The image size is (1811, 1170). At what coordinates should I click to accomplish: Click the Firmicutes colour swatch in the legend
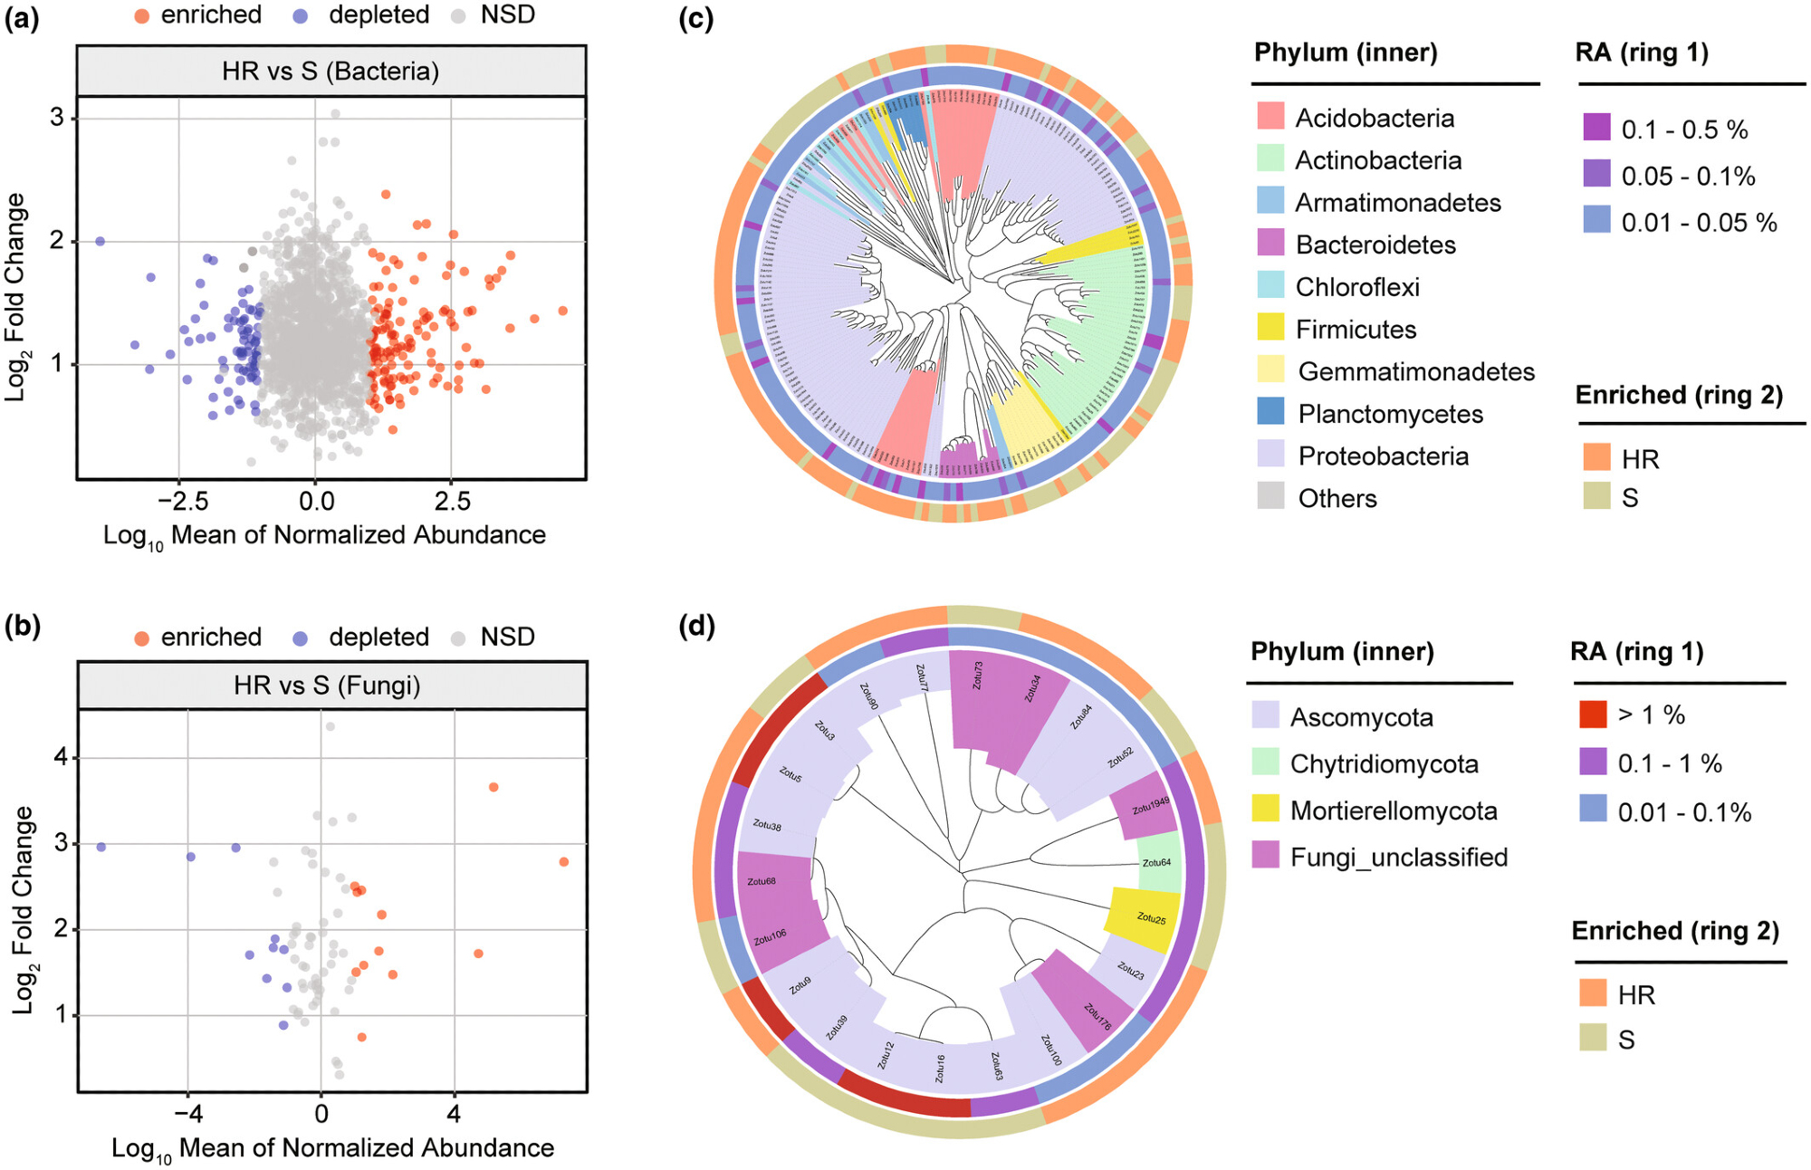tap(1270, 329)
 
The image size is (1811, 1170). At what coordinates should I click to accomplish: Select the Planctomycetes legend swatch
tap(1270, 413)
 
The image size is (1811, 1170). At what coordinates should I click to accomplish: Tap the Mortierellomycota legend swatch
tap(1265, 810)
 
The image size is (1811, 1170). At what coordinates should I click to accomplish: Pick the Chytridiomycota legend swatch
tap(1265, 762)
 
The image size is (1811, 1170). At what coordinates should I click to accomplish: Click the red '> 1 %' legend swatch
tap(1593, 714)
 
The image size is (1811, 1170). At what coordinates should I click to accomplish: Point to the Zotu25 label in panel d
tap(1151, 918)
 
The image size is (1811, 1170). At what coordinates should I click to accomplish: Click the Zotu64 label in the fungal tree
tap(1156, 863)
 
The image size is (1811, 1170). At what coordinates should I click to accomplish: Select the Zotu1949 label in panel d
tap(1150, 805)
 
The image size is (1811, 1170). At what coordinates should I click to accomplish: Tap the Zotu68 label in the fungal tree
tap(762, 880)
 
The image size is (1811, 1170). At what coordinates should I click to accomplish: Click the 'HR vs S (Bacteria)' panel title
tap(331, 72)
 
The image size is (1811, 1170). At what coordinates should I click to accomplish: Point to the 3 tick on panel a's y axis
tap(57, 118)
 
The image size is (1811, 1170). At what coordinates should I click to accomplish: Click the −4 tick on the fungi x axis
tap(187, 1113)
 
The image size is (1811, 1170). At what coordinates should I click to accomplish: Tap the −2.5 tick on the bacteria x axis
tap(183, 501)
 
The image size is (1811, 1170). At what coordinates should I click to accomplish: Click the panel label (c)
tap(695, 18)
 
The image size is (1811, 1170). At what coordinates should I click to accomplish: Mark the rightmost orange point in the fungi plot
tap(563, 861)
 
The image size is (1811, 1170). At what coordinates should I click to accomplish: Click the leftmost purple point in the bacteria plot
tap(101, 241)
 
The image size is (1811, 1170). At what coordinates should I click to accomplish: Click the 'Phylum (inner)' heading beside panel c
tap(1345, 53)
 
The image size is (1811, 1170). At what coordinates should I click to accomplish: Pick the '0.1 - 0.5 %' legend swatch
tap(1596, 128)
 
